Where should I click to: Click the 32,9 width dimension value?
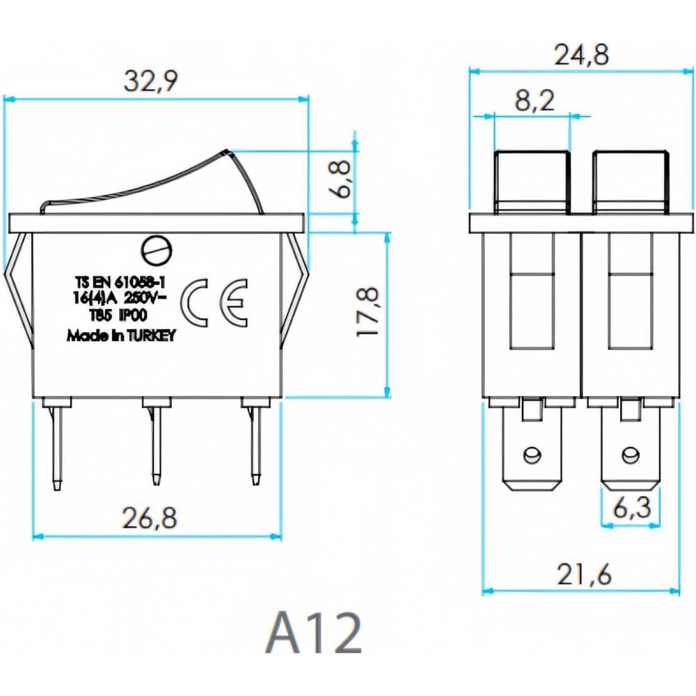pos(150,81)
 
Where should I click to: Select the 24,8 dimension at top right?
pos(581,55)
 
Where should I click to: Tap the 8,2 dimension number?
pos(535,101)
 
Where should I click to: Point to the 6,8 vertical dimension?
pos(340,180)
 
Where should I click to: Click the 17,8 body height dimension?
pos(368,313)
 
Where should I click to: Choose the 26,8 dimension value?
pos(150,518)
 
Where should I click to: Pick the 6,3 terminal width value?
pos(632,507)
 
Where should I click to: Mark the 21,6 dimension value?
pos(584,575)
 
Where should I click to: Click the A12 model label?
pos(313,633)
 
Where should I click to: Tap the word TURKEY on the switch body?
pos(151,335)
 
